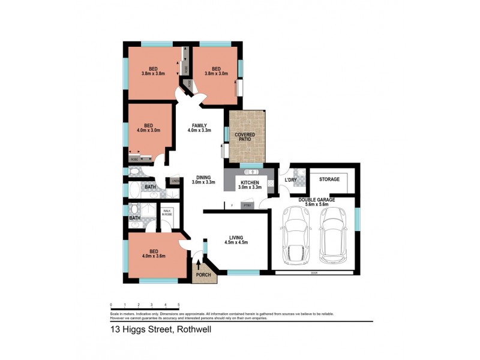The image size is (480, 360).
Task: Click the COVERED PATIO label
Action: coord(244,137)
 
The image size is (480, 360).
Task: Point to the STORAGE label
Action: coord(329,179)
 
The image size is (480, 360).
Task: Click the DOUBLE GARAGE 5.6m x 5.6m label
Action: coord(322,202)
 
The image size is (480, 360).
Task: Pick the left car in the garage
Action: coord(295,235)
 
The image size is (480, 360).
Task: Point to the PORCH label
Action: coord(202,276)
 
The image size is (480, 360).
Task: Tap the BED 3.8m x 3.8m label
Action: coord(153,71)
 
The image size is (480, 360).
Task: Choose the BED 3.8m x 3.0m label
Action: coord(216,71)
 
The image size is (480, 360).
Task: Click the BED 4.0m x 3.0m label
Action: coord(148,128)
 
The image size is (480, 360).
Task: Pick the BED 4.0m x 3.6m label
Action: coord(154,254)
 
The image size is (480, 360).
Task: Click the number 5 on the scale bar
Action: coord(179,305)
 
